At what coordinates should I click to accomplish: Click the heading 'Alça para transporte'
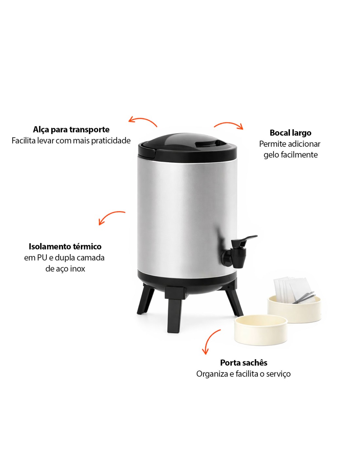71,130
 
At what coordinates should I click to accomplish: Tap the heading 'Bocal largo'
290,133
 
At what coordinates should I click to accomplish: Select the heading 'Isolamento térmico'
65,247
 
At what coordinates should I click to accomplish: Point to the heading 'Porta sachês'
244,363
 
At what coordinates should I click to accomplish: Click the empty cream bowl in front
261,330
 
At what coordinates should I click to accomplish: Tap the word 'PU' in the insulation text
42,258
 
